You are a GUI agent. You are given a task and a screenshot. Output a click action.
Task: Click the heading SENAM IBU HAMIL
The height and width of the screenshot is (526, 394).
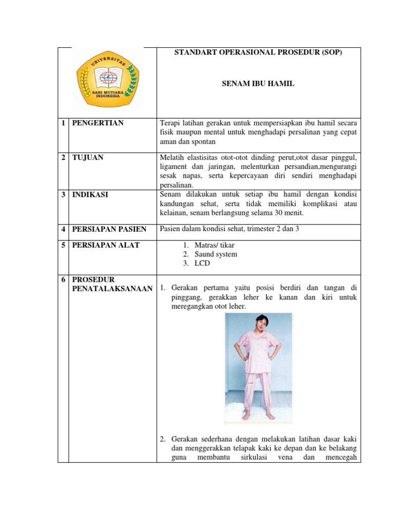(258, 83)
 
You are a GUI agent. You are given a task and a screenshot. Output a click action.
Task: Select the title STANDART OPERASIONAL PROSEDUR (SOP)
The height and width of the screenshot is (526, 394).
(258, 53)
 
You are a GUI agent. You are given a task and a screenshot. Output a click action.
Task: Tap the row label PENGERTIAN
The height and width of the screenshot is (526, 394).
(97, 123)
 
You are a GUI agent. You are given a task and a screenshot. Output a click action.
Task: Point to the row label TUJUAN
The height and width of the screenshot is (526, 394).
(88, 157)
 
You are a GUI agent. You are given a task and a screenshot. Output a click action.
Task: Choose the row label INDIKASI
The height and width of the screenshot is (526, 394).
(90, 195)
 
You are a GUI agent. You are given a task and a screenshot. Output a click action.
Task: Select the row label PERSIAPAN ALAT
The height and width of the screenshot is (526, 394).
(106, 245)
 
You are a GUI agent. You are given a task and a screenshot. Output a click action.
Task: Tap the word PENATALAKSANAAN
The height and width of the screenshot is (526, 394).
(112, 289)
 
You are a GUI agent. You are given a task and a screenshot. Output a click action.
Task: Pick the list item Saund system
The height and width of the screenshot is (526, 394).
(216, 254)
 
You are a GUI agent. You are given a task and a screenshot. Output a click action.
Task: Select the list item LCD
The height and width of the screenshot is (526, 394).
(202, 264)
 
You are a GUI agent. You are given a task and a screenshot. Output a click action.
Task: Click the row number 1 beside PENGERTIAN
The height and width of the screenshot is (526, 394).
(63, 123)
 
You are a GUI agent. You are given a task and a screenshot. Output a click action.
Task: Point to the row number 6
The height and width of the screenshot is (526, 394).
(63, 280)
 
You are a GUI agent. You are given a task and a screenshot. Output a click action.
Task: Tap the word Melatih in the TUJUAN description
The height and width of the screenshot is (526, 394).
(173, 157)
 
